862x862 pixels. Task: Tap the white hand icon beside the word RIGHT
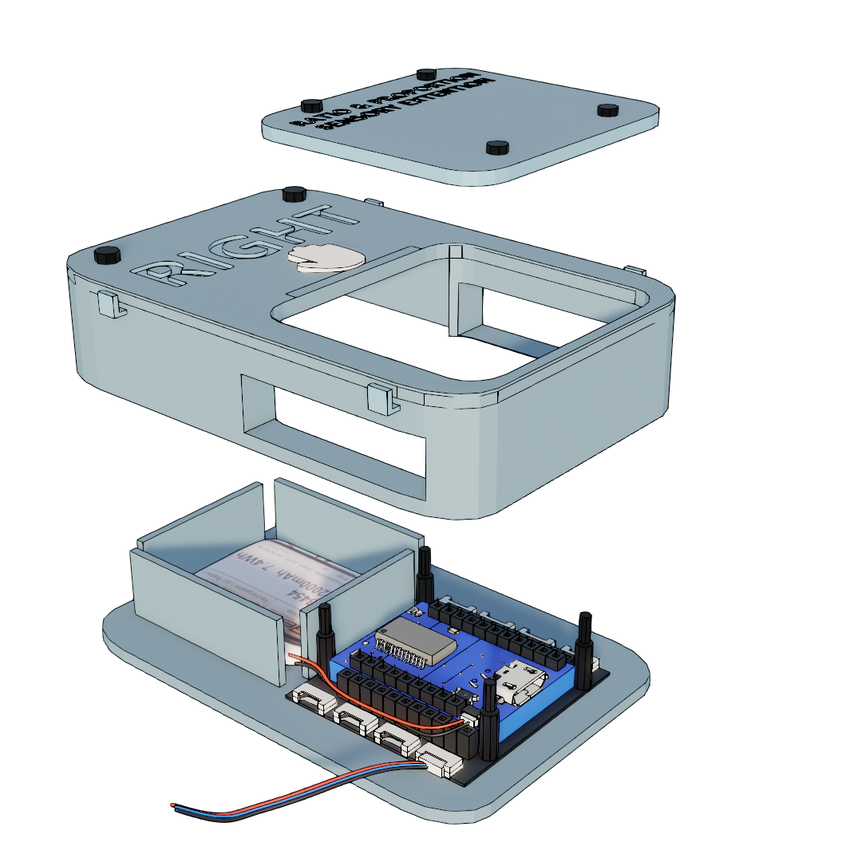(326, 258)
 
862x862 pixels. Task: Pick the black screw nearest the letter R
(107, 255)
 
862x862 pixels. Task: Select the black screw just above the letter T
(295, 194)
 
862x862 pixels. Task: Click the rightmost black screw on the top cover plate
(607, 109)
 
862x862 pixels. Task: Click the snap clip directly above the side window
(382, 397)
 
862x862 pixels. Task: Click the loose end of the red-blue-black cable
(175, 804)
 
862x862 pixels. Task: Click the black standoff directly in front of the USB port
(487, 718)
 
